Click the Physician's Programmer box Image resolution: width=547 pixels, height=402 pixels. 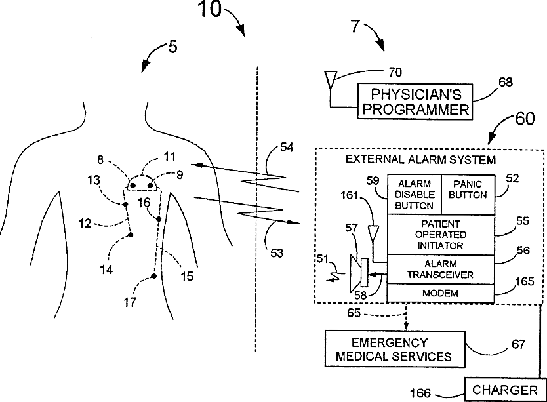[415, 102]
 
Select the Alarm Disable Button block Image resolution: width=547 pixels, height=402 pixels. [415, 194]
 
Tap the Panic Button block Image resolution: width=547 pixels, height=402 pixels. [468, 194]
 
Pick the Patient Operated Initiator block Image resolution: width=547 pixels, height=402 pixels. [441, 235]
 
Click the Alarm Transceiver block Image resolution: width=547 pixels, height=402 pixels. [441, 270]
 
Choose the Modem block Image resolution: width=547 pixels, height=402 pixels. [441, 293]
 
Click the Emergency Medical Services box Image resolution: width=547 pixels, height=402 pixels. [395, 349]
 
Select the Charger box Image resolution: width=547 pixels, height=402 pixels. [505, 390]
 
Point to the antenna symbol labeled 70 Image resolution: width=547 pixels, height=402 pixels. [331, 79]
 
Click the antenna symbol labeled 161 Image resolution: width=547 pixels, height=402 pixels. [374, 233]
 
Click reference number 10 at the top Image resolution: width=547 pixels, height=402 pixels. [210, 9]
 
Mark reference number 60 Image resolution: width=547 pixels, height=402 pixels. [525, 119]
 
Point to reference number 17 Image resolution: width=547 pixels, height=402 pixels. [130, 302]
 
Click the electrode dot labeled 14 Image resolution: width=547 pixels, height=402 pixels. [131, 235]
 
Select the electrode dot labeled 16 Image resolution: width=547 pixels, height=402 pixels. [158, 219]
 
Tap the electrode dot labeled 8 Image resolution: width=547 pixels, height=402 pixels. [133, 186]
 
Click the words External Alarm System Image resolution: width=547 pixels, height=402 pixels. [420, 160]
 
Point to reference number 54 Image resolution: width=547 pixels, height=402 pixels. [287, 148]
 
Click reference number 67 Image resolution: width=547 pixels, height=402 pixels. [518, 344]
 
